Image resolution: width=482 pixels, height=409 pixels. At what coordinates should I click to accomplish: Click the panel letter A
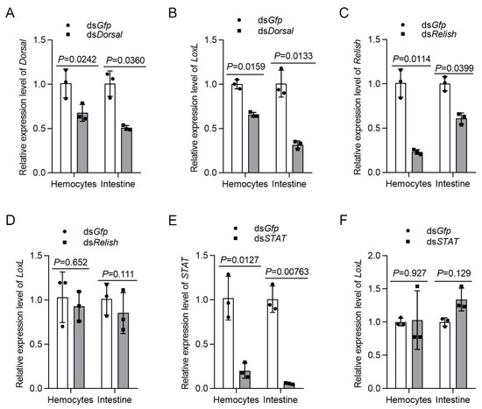click(7, 11)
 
